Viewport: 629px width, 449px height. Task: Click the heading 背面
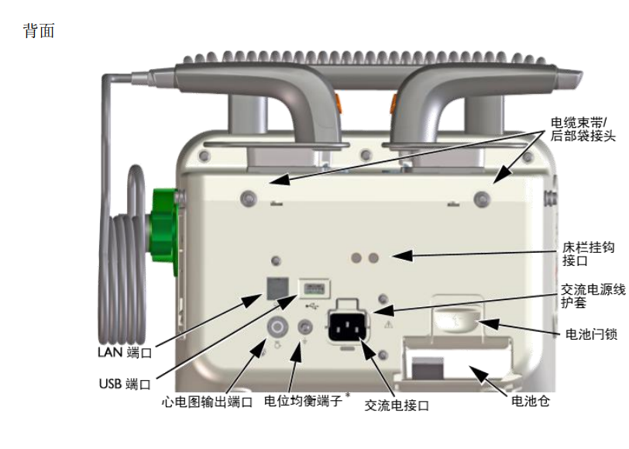[40, 33]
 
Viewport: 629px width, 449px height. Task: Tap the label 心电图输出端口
[207, 402]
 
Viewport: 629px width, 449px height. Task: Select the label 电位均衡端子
[303, 401]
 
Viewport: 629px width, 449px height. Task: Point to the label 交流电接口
[397, 405]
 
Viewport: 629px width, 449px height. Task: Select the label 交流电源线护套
[593, 297]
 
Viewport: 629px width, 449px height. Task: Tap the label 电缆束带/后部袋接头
[583, 129]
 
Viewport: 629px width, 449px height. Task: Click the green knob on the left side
[166, 224]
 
